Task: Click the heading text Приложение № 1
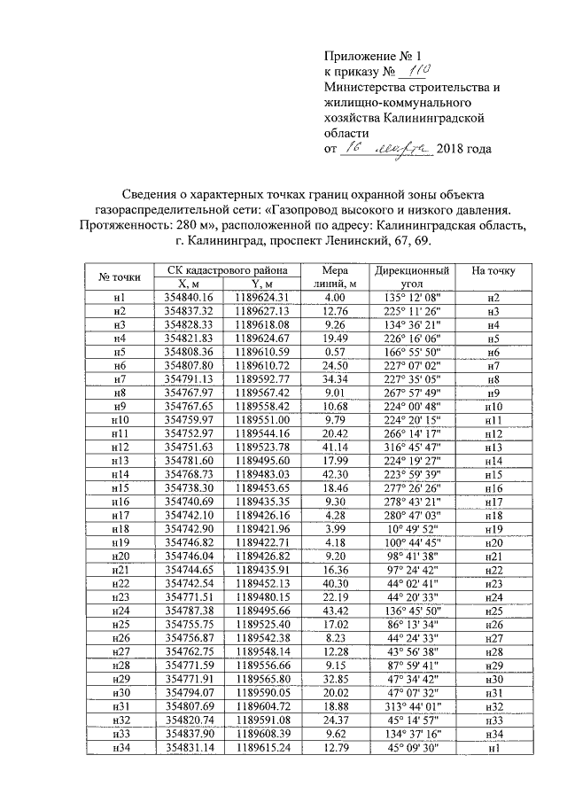364,55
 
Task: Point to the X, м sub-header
183,284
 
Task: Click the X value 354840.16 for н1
183,297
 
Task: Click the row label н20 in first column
120,555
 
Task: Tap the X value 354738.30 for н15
183,487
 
